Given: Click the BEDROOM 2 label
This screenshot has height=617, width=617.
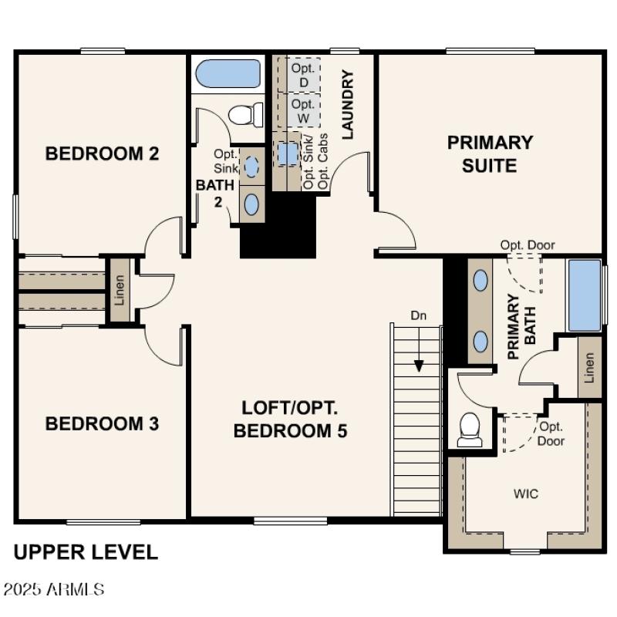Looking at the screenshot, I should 102,153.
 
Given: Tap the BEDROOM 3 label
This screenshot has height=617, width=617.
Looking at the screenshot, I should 102,423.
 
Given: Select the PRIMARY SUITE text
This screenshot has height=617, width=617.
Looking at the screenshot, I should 490,153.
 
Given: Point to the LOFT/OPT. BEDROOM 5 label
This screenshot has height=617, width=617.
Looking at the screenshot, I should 290,419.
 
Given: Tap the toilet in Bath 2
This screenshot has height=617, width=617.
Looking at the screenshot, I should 245,115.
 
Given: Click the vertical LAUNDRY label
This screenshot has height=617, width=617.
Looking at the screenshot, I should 347,105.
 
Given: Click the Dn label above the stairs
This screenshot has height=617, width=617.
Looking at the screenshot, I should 418,315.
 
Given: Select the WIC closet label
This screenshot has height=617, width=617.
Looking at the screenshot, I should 527,494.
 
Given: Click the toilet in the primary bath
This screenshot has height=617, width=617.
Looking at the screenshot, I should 470,430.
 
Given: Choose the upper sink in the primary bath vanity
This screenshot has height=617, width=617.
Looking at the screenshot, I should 480,280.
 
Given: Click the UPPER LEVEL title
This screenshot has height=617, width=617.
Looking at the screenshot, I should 86,552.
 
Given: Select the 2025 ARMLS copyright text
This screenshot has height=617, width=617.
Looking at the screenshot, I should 54,590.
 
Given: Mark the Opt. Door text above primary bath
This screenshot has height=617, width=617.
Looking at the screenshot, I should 527,245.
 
